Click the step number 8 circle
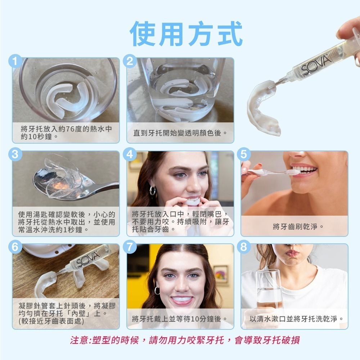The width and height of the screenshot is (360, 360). (244, 247)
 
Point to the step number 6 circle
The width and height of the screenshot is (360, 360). (15, 247)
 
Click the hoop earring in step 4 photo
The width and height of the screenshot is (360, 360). (153, 191)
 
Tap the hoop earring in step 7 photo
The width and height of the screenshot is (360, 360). (157, 290)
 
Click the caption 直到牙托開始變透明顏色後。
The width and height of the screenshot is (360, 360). (180, 133)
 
